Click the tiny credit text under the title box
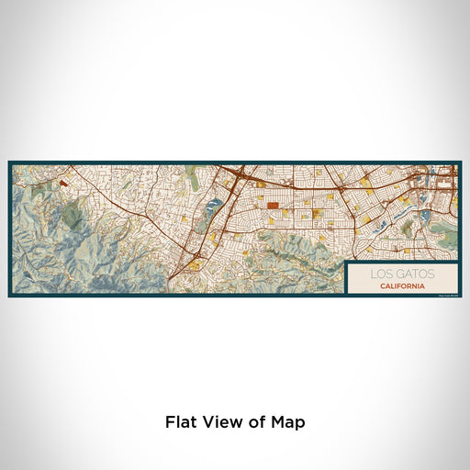tap(445, 293)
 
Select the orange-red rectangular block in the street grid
tap(272, 206)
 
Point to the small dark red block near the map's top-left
tap(63, 183)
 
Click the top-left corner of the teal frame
tap(9, 162)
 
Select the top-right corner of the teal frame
tap(461, 162)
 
